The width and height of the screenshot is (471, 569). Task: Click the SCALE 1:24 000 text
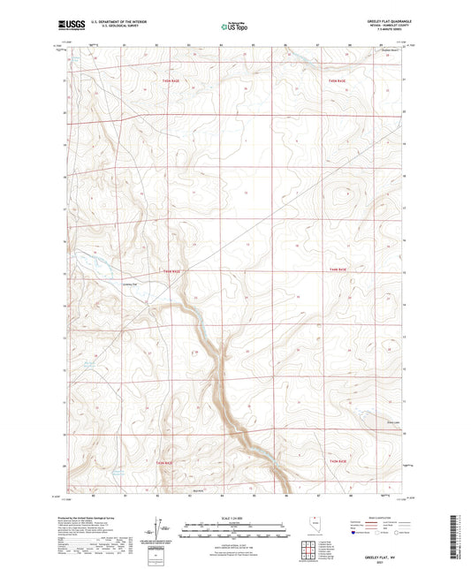click(x=235, y=518)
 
